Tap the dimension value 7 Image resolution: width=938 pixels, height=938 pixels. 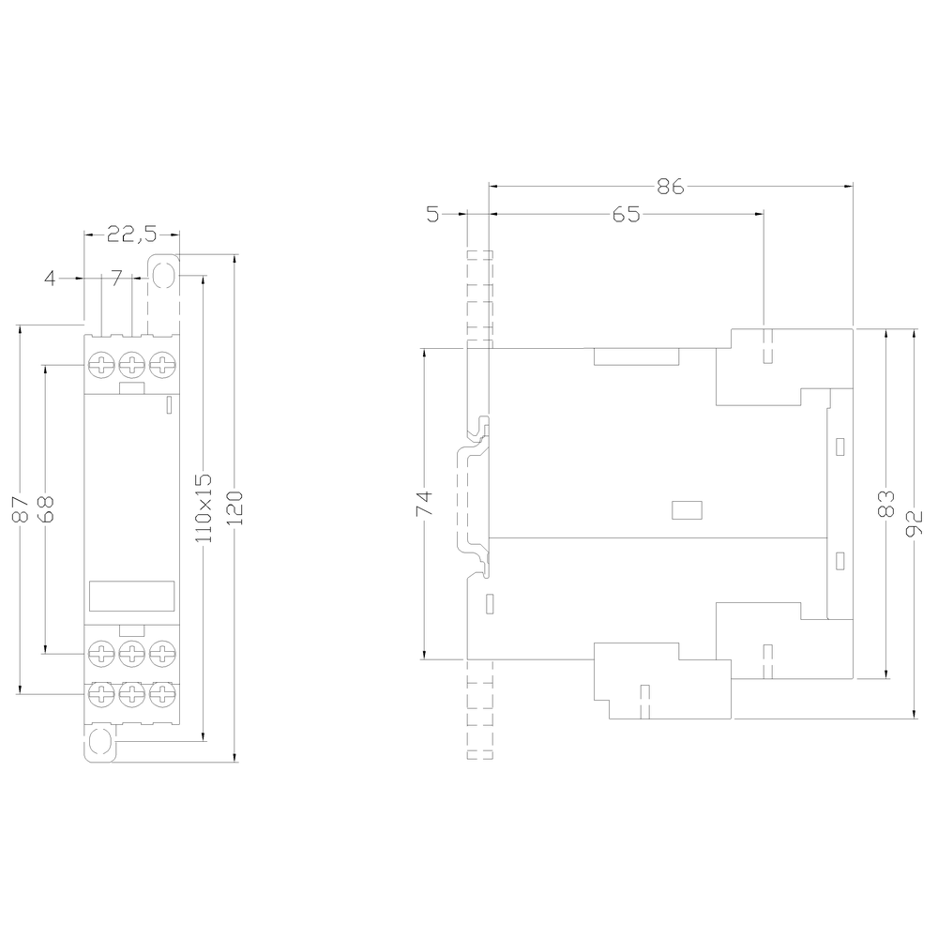116,278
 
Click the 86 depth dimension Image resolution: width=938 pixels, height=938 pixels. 669,186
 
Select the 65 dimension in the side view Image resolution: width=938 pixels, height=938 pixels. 626,215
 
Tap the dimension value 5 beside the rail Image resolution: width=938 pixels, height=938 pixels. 431,215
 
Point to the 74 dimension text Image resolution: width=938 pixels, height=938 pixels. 423,504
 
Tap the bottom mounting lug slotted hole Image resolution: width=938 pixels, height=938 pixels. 99,746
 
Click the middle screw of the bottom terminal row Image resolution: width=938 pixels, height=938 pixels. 131,695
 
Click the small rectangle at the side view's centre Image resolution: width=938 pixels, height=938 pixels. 688,509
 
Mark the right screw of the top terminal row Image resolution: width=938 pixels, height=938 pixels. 163,365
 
